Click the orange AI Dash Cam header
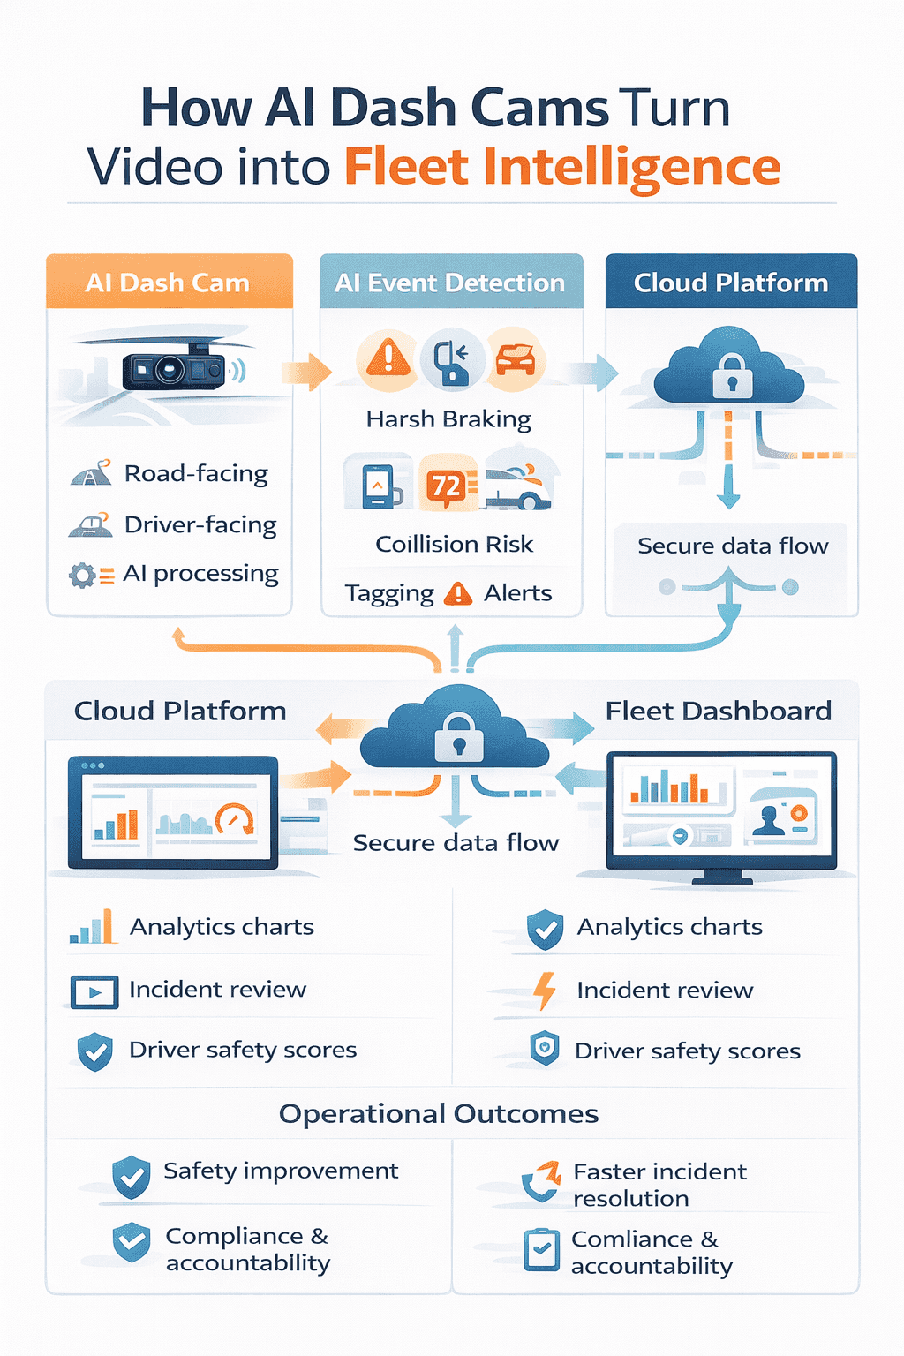[169, 282]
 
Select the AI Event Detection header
[450, 282]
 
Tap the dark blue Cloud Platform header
[731, 282]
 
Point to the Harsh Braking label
[448, 418]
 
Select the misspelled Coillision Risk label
[454, 544]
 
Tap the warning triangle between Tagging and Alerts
[458, 594]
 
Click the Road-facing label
[196, 474]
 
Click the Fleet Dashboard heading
[718, 711]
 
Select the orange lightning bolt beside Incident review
[545, 991]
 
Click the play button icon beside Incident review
[94, 992]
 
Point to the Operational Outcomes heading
[439, 1114]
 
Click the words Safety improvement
[281, 1171]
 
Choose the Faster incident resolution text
[659, 1185]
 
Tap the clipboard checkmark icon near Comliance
[541, 1250]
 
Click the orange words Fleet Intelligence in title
[562, 168]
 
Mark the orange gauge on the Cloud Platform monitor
[234, 820]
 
